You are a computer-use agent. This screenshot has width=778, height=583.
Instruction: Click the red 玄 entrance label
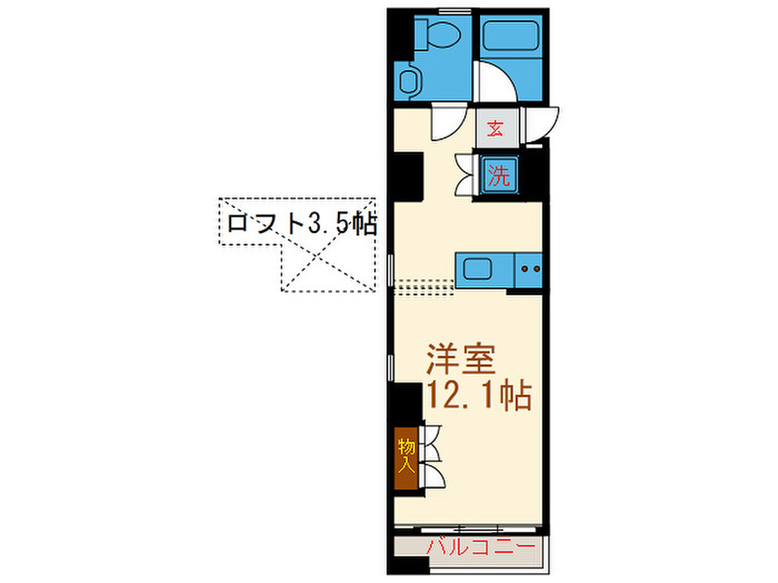495,128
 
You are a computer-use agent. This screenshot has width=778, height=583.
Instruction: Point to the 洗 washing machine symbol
499,175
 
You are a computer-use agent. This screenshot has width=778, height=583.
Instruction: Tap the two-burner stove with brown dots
528,270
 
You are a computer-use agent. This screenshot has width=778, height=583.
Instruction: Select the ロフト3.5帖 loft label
302,224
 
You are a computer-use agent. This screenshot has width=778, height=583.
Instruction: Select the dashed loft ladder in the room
424,288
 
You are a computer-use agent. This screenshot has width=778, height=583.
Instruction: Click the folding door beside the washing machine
465,175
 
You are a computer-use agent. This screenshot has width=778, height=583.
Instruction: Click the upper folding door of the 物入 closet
431,443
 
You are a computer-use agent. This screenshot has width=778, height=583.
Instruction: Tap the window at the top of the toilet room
455,11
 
